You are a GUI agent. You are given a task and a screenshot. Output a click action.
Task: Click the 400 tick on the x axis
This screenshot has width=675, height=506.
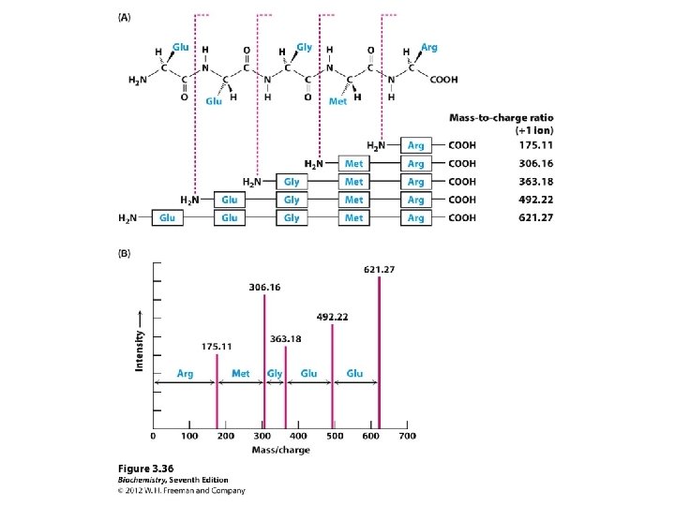(x=298, y=437)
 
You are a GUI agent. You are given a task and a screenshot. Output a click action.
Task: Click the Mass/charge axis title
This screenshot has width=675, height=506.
(x=280, y=451)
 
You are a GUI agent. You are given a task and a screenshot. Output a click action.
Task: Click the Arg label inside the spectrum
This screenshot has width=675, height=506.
(x=185, y=373)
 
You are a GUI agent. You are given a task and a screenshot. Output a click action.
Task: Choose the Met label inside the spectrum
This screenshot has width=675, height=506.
(x=241, y=373)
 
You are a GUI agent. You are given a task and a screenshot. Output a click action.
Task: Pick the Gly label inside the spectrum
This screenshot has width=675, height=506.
(x=275, y=373)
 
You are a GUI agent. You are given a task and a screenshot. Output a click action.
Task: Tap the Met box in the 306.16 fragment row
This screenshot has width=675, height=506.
(x=354, y=164)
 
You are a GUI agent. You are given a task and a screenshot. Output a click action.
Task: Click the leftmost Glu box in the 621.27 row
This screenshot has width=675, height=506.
(x=168, y=218)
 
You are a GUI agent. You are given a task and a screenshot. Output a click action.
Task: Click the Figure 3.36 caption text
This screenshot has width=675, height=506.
(x=144, y=468)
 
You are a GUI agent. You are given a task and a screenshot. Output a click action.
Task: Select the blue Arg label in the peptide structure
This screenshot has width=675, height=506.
(x=429, y=47)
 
